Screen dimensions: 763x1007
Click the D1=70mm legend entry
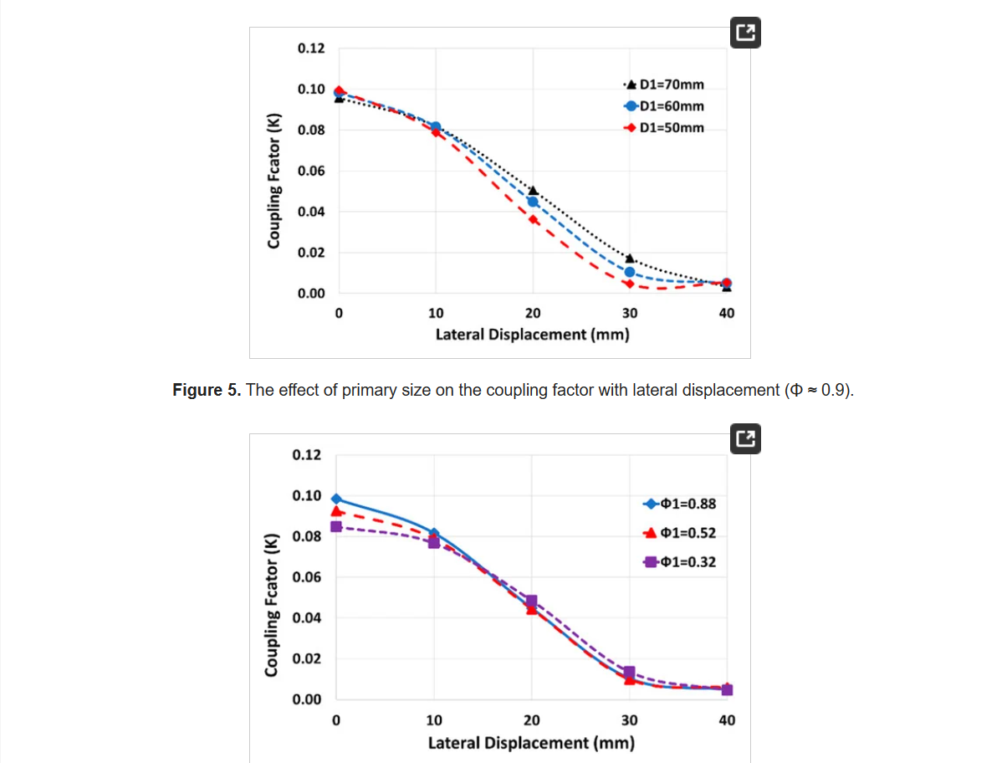pyautogui.click(x=665, y=84)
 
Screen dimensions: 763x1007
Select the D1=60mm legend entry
pyautogui.click(x=665, y=106)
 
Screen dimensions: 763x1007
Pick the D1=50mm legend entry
pyautogui.click(x=665, y=128)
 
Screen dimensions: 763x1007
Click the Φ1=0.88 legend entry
pyautogui.click(x=680, y=504)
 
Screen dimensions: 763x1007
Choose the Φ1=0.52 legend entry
pyautogui.click(x=680, y=533)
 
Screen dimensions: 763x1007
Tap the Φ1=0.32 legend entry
pyautogui.click(x=680, y=562)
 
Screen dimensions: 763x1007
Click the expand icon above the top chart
pyautogui.click(x=745, y=33)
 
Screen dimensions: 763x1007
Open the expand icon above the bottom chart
pyautogui.click(x=745, y=438)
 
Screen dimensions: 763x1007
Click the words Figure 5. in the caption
pyautogui.click(x=205, y=391)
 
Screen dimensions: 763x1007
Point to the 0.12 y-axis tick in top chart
pyautogui.click(x=311, y=49)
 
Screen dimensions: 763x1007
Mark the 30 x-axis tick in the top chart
pyautogui.click(x=630, y=313)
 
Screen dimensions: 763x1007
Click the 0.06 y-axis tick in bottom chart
pyautogui.click(x=305, y=577)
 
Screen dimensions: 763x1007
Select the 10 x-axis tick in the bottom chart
pyautogui.click(x=434, y=719)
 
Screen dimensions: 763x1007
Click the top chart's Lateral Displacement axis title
pyautogui.click(x=532, y=335)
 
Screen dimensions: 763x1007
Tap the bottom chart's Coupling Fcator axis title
pyautogui.click(x=272, y=605)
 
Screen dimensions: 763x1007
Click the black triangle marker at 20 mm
pyautogui.click(x=533, y=191)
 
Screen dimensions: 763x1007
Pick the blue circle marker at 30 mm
pyautogui.click(x=630, y=272)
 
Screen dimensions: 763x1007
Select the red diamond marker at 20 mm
pyautogui.click(x=533, y=219)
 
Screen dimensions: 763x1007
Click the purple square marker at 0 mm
pyautogui.click(x=336, y=526)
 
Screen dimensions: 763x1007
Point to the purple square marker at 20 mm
pyautogui.click(x=531, y=601)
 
